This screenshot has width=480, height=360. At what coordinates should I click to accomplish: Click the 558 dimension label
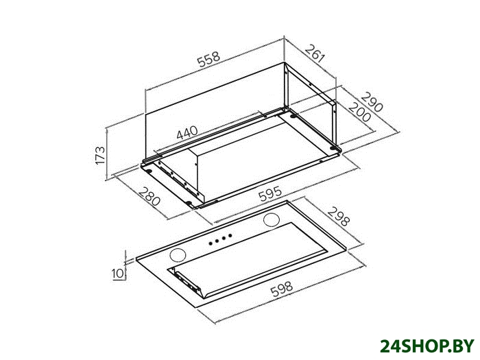point(208,60)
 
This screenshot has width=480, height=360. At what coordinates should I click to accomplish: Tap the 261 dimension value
point(315,53)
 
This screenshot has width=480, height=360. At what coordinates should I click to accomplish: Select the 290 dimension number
point(372,101)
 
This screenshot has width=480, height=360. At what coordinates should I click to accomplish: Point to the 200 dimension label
point(360,112)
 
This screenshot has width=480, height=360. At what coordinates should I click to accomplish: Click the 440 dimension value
point(187,133)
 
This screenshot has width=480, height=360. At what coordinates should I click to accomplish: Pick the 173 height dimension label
point(100,155)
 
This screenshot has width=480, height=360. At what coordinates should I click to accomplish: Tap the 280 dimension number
point(149,196)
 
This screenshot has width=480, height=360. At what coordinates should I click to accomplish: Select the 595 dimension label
point(269,194)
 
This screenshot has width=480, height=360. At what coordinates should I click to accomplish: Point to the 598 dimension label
point(282,289)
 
